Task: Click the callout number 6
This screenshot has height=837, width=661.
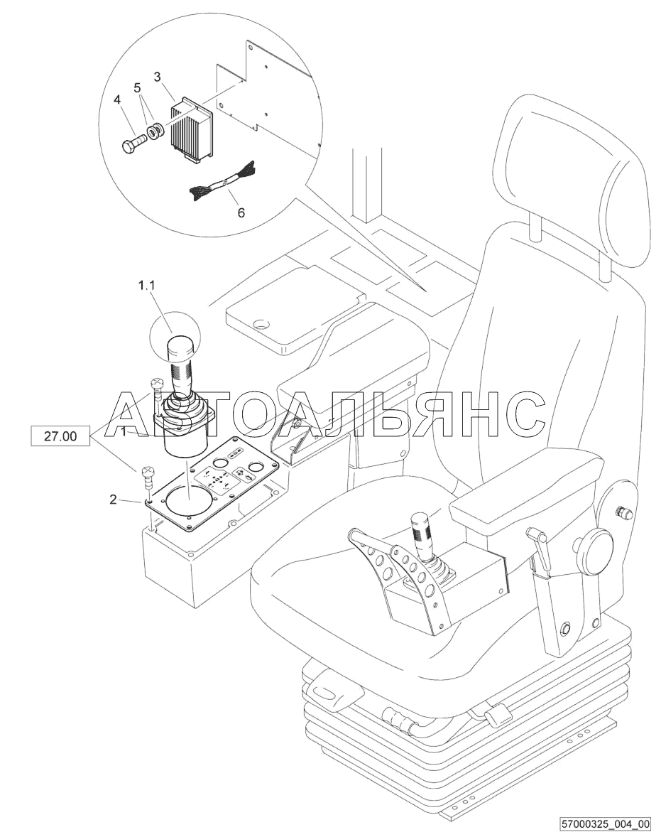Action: coord(241,213)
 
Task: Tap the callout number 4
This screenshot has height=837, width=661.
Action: coord(117,99)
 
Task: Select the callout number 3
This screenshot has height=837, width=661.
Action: coord(158,77)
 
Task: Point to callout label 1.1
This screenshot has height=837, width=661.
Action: coord(147,286)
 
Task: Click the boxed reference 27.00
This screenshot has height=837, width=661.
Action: coord(60,436)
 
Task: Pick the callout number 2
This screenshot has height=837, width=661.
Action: coord(113,499)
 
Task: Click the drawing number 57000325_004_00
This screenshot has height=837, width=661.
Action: coord(605,825)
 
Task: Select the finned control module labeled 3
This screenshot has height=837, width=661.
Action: coord(192,129)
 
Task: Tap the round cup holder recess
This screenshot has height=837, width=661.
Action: coord(261,324)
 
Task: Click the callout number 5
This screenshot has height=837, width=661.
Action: coord(137,87)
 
